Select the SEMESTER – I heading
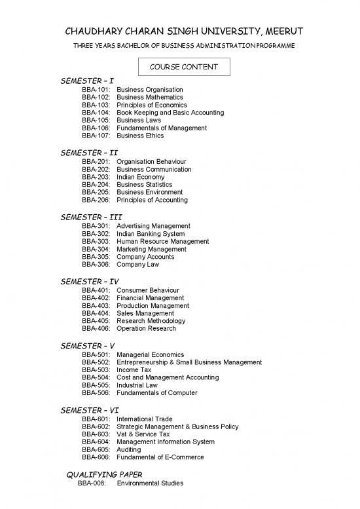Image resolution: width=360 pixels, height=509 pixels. click(87, 81)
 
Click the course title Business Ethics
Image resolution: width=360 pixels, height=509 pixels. click(140, 136)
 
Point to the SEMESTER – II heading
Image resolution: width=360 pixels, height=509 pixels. click(89, 153)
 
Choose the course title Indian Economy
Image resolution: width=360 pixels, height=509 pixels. click(140, 177)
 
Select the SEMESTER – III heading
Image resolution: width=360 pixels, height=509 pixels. click(91, 217)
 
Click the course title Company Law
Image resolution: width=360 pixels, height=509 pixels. click(137, 265)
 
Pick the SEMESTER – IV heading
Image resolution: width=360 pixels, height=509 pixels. click(90, 282)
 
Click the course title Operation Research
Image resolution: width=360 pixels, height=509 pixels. click(146, 329)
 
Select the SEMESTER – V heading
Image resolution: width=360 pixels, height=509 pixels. click(88, 345)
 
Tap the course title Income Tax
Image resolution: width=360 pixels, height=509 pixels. click(134, 370)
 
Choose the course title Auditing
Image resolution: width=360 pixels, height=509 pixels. click(130, 450)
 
